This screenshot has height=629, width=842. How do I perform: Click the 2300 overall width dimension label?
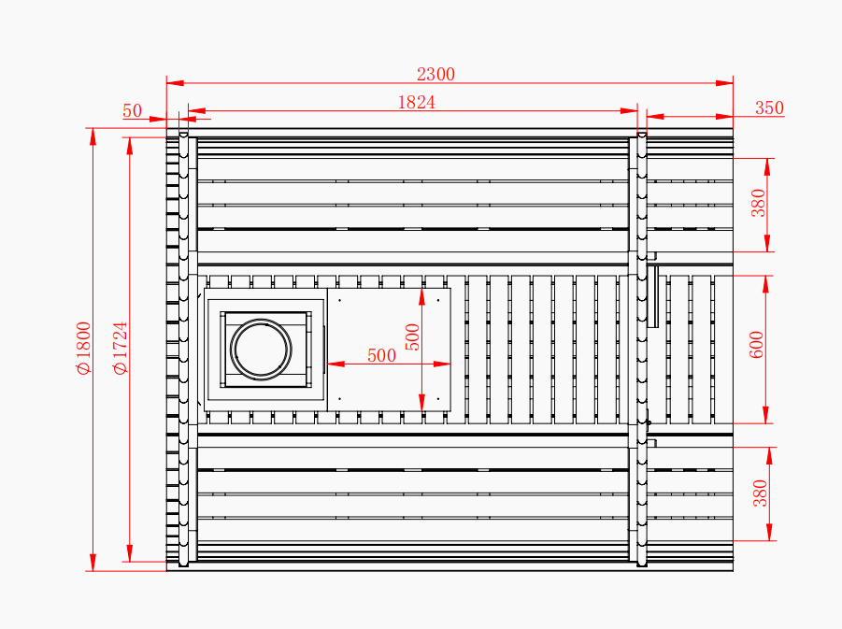point(435,74)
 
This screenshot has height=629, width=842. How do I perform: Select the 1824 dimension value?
point(416,102)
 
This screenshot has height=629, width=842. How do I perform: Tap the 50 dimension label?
point(132,110)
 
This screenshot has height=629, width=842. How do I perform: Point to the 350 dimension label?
point(769,108)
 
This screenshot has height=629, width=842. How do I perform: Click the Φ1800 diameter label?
point(84,348)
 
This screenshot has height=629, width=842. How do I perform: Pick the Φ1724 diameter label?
point(121,348)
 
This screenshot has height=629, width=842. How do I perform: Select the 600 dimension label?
point(756,345)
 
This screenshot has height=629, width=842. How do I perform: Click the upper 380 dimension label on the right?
point(758,203)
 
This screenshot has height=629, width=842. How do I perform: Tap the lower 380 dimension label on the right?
point(761,493)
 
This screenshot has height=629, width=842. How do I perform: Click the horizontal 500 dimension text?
point(382,355)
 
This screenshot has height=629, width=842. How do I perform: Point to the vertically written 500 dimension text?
point(412,337)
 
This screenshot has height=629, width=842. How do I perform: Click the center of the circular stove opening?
point(261,350)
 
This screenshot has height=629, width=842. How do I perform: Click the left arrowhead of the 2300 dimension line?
point(175,83)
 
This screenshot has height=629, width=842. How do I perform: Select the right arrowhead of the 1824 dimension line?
point(629,111)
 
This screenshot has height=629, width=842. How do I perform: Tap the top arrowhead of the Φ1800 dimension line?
point(93,136)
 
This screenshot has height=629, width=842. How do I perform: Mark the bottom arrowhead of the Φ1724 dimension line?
point(129,553)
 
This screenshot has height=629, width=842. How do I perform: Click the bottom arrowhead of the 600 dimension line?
point(765,415)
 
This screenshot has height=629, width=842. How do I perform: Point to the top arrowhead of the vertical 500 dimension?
point(422,297)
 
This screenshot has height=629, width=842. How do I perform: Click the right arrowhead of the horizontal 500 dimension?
point(442,365)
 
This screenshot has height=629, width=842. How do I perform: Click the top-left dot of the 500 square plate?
point(339,300)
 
